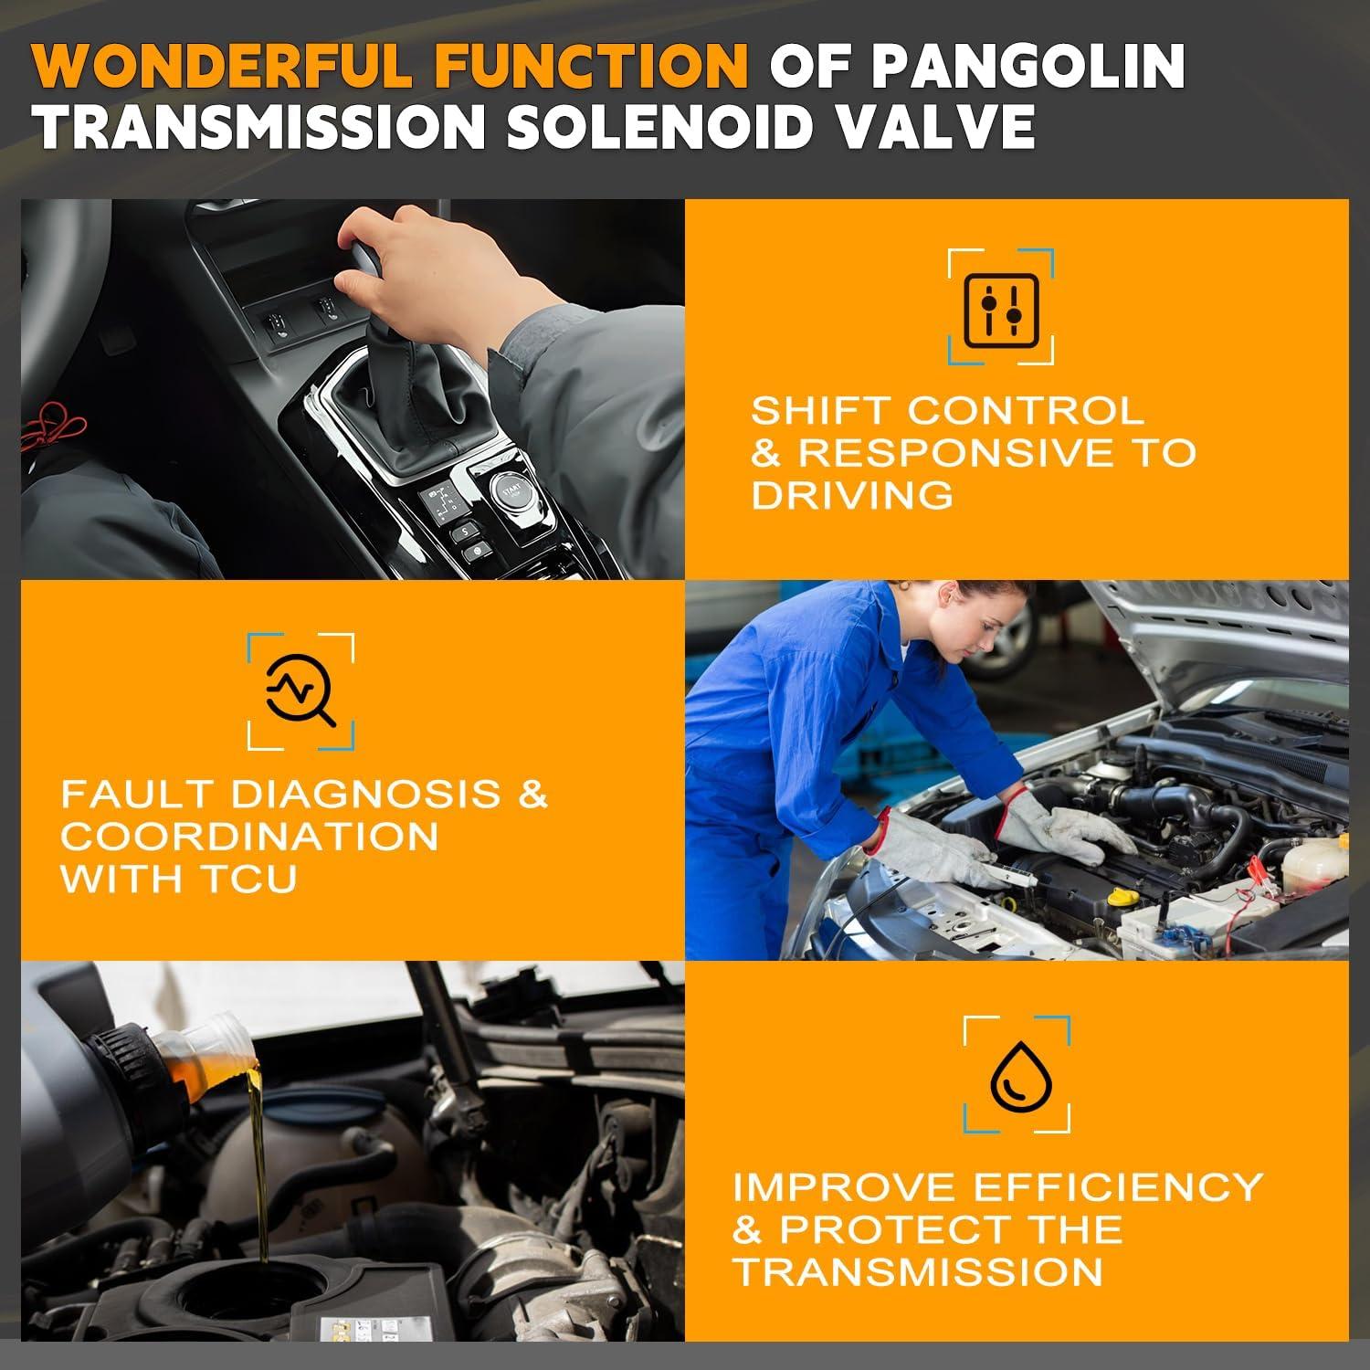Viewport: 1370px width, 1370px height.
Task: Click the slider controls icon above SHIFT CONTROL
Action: [1001, 305]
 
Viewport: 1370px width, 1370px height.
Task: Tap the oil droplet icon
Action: [1016, 1074]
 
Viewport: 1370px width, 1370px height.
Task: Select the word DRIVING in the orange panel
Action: [851, 495]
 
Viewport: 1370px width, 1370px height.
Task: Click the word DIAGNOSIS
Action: [365, 793]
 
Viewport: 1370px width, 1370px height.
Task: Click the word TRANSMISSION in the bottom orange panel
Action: [917, 1271]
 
